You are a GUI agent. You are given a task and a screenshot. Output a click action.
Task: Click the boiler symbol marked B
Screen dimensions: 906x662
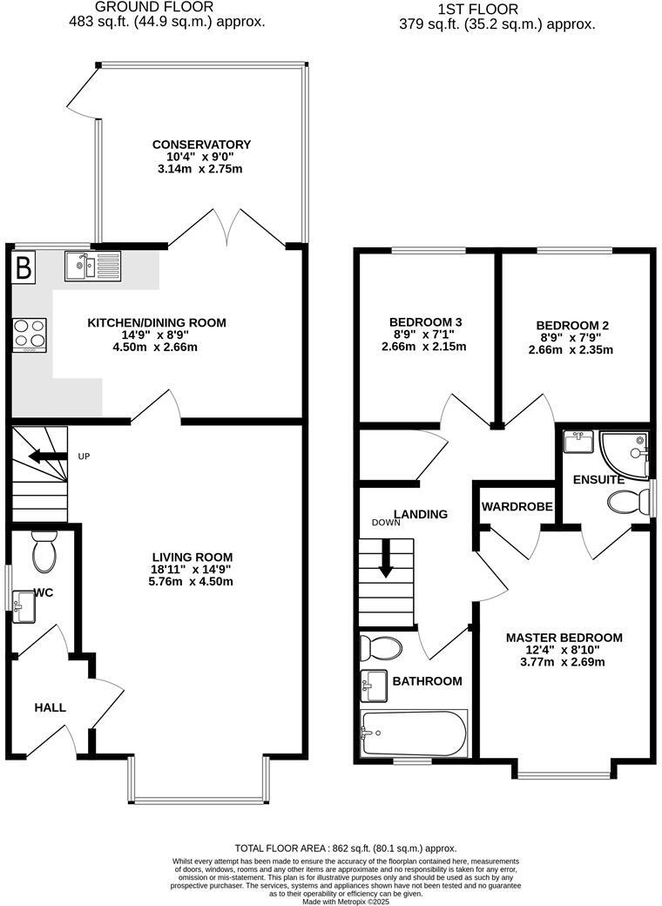point(24,267)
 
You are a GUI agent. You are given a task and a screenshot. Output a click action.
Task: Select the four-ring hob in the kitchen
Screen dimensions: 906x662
point(30,335)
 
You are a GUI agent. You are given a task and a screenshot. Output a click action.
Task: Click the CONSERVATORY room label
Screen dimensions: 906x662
point(201,145)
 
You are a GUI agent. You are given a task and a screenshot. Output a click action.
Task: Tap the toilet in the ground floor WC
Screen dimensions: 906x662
point(43,552)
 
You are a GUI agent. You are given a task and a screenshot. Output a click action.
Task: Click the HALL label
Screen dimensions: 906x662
point(50,707)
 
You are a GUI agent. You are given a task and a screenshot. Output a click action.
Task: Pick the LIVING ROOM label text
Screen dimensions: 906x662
point(192,558)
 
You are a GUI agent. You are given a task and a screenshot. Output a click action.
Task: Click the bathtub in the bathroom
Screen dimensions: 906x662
point(414,734)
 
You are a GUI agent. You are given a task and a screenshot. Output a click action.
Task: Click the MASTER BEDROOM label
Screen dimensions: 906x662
point(564,638)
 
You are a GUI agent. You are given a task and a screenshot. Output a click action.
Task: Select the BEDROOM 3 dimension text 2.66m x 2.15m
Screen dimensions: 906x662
point(424,346)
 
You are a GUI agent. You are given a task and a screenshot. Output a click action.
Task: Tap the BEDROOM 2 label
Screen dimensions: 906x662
point(572,326)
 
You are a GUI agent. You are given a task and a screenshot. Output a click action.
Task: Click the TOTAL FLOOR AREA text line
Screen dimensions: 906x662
point(346,848)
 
